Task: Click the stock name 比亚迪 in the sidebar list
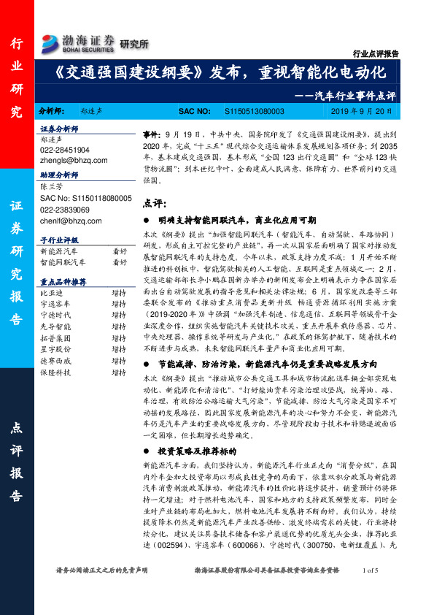pyautogui.click(x=53, y=291)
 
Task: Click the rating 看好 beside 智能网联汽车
pyautogui.click(x=120, y=261)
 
